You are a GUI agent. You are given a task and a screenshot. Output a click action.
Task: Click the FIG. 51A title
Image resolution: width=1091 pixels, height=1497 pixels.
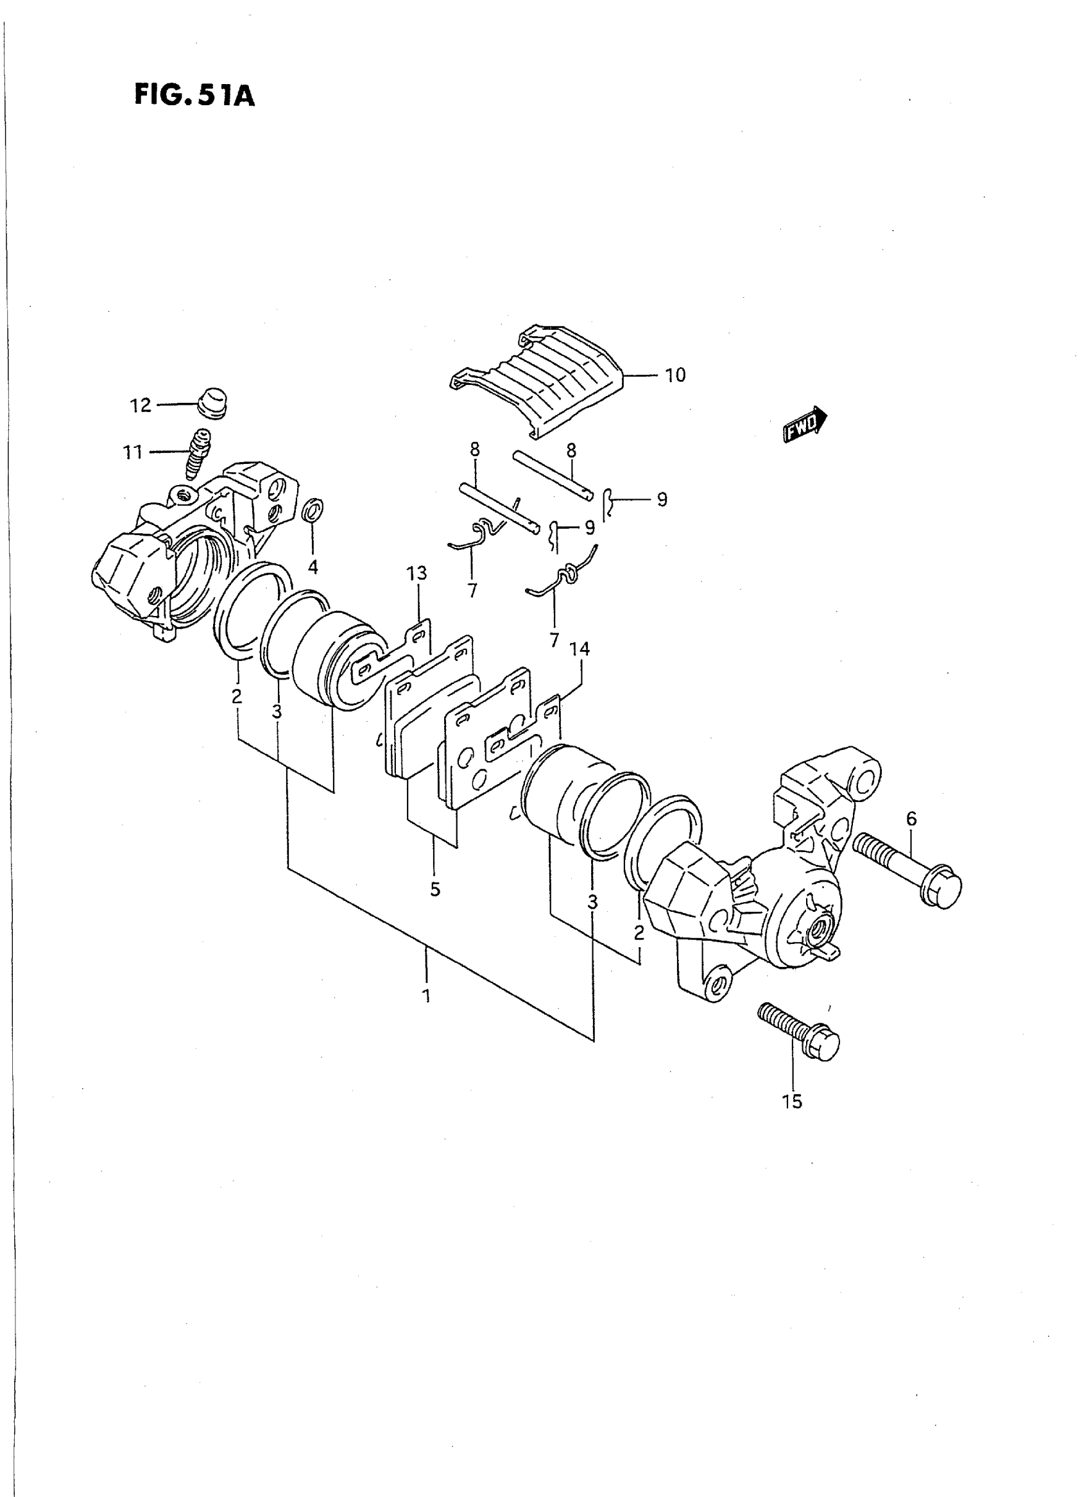click(194, 95)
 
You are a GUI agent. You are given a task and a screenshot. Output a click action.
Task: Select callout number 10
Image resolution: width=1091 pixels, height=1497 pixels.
click(675, 375)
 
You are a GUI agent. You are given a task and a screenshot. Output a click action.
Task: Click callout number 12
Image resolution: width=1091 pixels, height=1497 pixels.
click(140, 405)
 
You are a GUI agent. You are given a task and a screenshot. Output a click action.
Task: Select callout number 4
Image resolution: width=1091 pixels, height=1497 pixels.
click(313, 567)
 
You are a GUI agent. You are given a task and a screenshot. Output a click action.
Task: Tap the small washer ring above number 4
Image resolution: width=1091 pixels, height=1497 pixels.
click(313, 511)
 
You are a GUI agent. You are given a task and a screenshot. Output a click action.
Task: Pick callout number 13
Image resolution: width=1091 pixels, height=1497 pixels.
click(417, 573)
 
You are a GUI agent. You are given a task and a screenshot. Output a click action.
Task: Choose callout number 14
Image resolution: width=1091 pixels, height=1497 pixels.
click(580, 649)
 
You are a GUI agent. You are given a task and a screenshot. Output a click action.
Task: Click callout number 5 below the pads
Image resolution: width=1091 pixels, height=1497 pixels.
click(434, 889)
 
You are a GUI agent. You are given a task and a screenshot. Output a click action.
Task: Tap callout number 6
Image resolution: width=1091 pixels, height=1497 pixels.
click(911, 819)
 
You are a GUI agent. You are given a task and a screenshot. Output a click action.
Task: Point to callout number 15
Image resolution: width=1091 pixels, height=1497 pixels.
click(792, 1102)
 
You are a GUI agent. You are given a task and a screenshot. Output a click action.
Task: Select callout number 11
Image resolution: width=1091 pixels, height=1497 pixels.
click(133, 452)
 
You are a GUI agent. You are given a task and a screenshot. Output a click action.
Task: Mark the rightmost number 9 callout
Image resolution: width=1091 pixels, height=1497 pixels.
click(662, 499)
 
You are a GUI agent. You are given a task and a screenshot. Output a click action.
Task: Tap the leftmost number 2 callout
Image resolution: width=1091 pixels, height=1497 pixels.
click(236, 696)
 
